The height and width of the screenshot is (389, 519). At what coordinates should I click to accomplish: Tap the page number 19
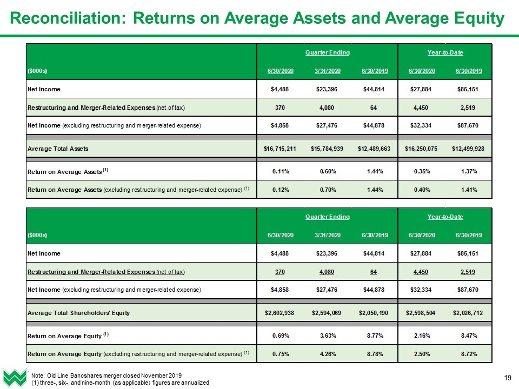click(508, 378)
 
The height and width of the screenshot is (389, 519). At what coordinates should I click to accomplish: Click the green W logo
click(15, 378)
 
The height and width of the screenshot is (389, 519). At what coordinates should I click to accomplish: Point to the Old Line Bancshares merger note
click(107, 375)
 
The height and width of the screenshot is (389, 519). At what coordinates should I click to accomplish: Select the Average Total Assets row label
click(58, 149)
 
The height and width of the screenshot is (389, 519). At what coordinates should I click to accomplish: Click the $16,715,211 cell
click(280, 149)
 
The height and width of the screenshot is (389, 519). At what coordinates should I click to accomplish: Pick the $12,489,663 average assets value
click(374, 149)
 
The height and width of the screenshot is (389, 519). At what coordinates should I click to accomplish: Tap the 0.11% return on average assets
click(281, 171)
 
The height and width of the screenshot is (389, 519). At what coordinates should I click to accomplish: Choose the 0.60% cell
click(328, 171)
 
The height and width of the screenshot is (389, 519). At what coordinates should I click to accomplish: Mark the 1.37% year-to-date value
click(469, 171)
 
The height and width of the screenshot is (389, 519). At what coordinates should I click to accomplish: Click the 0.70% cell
click(328, 190)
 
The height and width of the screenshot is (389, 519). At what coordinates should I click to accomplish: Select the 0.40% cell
click(422, 190)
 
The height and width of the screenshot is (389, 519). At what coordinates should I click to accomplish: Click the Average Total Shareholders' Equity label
click(79, 313)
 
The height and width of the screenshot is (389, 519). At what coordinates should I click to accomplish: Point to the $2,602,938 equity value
click(280, 313)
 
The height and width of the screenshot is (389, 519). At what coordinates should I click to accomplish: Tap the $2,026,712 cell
click(468, 313)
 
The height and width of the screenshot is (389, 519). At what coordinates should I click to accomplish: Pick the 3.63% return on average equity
click(328, 336)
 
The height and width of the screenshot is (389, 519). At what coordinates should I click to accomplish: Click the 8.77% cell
click(375, 336)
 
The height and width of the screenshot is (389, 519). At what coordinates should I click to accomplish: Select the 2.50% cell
click(422, 354)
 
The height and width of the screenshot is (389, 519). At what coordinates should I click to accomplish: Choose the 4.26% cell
click(328, 354)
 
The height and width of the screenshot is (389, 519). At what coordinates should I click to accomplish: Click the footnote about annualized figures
click(120, 383)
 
